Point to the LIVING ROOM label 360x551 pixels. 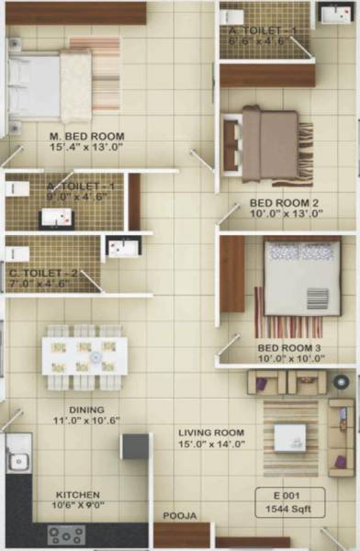tap(210, 432)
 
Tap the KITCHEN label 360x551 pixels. tap(77, 495)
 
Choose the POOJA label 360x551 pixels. tap(180, 516)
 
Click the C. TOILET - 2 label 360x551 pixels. tap(44, 273)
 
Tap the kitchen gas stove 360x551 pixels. tap(66, 533)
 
